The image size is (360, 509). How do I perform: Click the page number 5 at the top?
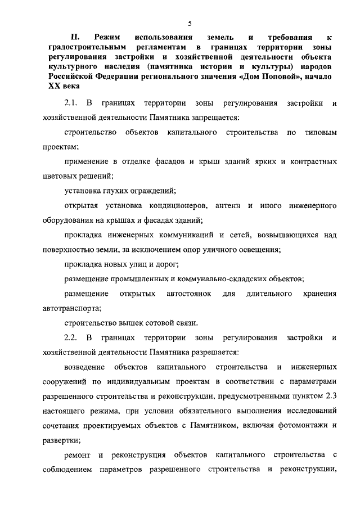tap(190, 23)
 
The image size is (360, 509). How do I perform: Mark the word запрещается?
tap(218, 119)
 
